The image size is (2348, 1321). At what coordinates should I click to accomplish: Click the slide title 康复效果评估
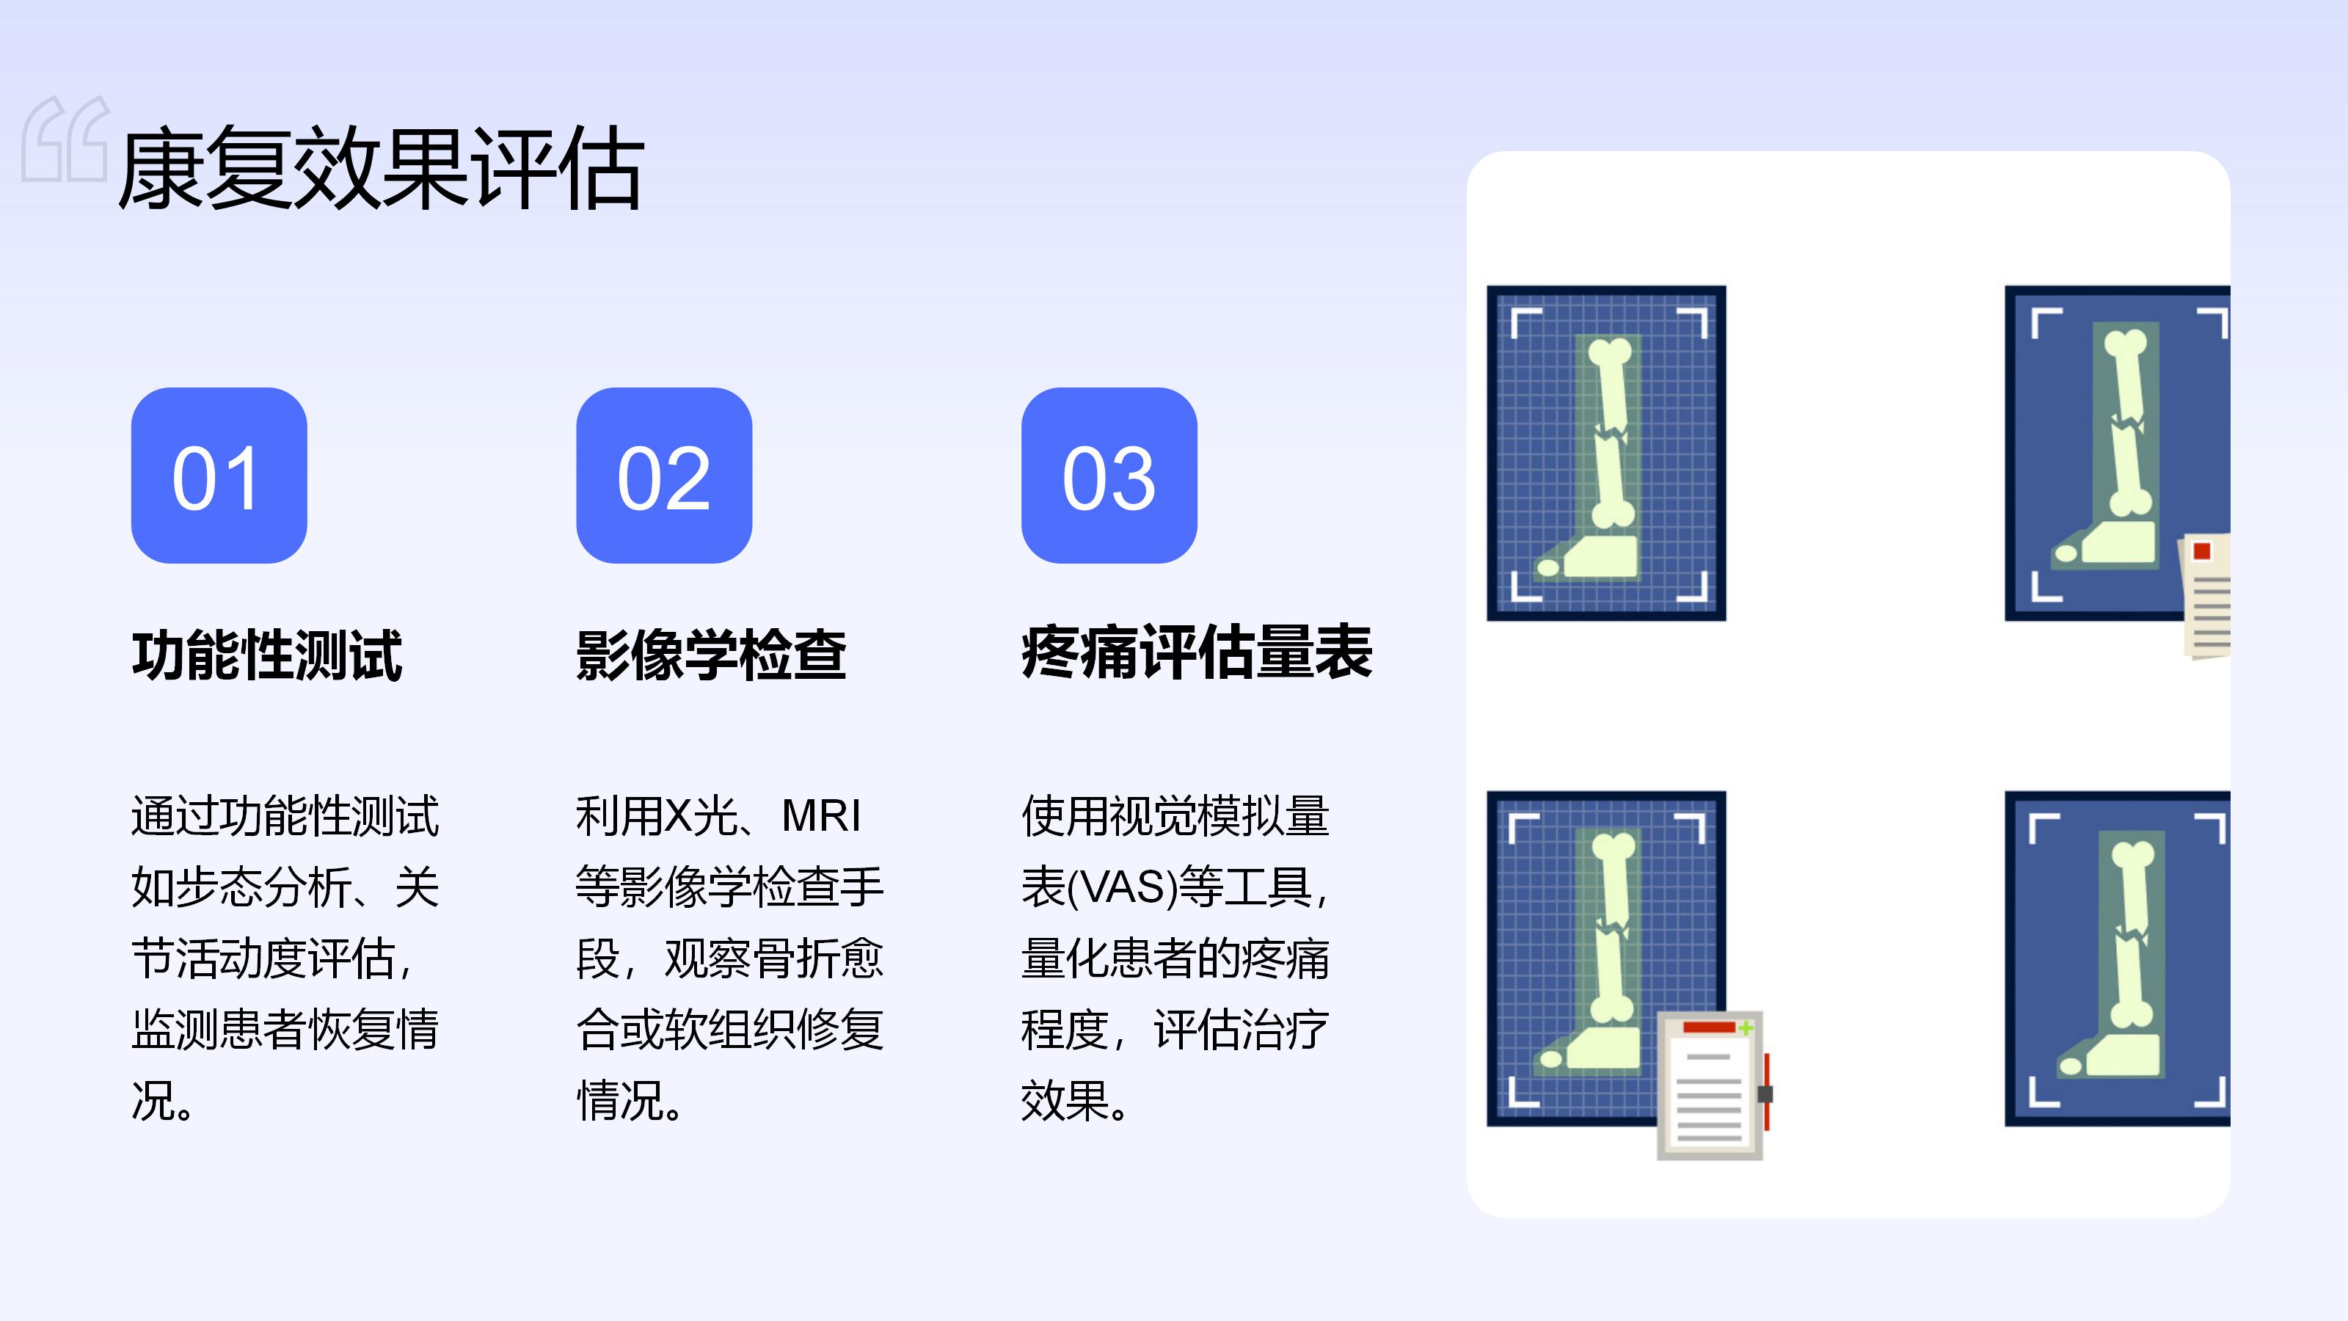(381, 169)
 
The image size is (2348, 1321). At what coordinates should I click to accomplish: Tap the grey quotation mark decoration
(65, 139)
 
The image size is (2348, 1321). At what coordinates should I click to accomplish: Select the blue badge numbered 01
(219, 475)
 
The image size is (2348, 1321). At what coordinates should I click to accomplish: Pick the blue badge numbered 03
(1109, 475)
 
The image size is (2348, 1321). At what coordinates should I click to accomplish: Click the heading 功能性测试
(266, 655)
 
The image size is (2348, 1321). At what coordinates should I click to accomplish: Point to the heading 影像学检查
(711, 655)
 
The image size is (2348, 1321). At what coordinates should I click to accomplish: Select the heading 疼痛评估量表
(1197, 652)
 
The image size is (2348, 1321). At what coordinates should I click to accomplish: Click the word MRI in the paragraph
(821, 816)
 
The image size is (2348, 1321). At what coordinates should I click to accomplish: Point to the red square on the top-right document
(2202, 550)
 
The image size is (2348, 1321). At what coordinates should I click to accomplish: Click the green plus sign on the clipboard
(1746, 1028)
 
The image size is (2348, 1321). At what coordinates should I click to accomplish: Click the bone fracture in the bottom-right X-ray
(2130, 934)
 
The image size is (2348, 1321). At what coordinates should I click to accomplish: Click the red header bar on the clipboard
(1709, 1027)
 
